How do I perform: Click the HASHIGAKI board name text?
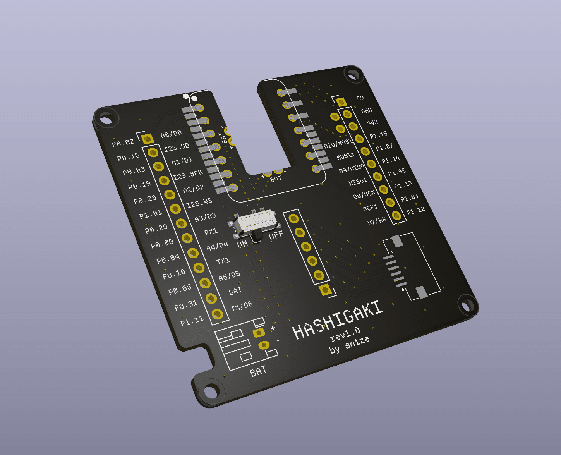pyautogui.click(x=338, y=320)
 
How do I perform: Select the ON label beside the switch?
pyautogui.click(x=242, y=244)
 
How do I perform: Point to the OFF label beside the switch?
pyautogui.click(x=276, y=235)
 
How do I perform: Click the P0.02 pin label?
pyautogui.click(x=123, y=143)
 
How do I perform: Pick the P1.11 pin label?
pyautogui.click(x=192, y=321)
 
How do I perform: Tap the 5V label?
pyautogui.click(x=360, y=98)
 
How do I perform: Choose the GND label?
pyautogui.click(x=366, y=111)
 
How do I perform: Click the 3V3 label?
pyautogui.click(x=372, y=123)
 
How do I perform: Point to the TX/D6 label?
pyautogui.click(x=241, y=306)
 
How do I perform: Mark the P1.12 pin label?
pyautogui.click(x=415, y=211)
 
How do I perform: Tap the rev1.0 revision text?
pyautogui.click(x=345, y=334)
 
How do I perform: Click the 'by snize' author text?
pyautogui.click(x=349, y=345)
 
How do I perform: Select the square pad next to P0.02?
pyautogui.click(x=147, y=139)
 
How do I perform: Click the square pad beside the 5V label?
pyautogui.click(x=341, y=102)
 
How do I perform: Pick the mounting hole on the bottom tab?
pyautogui.click(x=211, y=391)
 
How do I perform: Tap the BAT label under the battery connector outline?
pyautogui.click(x=258, y=371)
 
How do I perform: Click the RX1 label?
pyautogui.click(x=211, y=232)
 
